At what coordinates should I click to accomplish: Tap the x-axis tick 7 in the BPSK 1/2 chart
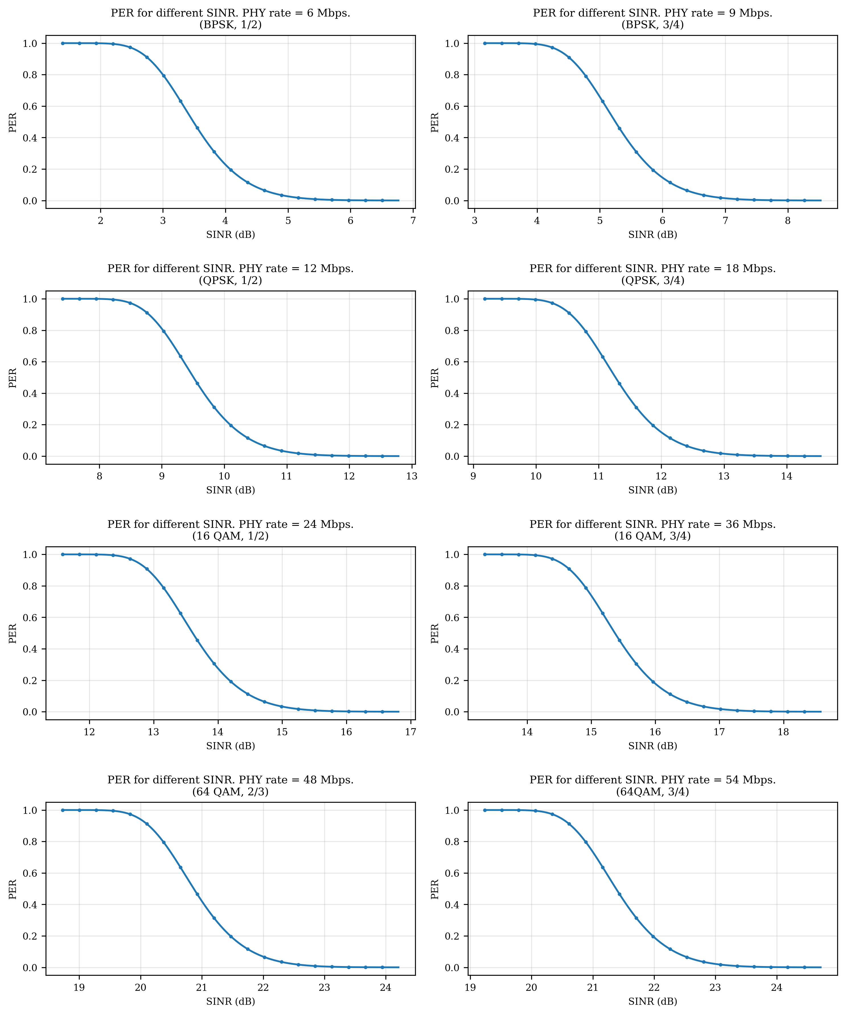click(413, 221)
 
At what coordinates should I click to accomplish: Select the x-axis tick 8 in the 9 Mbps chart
click(788, 221)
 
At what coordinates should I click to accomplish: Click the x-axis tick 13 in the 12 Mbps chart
click(411, 477)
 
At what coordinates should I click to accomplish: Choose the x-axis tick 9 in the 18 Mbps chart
click(473, 477)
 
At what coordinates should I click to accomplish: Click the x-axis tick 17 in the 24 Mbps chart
click(410, 732)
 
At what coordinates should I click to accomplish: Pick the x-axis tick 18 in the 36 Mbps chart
click(783, 732)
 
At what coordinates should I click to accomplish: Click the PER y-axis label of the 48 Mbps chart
click(13, 889)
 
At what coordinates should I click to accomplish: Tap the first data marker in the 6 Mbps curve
click(63, 44)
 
